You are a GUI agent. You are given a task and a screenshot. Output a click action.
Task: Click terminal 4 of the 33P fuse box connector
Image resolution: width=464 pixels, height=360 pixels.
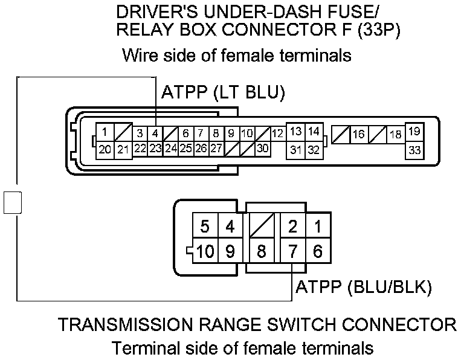155,133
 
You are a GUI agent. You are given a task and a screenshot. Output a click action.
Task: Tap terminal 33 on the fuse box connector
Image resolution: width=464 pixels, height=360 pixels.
414,150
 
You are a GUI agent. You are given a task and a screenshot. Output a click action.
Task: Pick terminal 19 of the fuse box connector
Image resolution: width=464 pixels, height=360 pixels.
414,132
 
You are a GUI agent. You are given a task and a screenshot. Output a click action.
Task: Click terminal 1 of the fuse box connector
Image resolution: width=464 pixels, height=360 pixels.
105,132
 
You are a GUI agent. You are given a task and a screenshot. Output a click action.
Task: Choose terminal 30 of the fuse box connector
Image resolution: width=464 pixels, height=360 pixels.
262,148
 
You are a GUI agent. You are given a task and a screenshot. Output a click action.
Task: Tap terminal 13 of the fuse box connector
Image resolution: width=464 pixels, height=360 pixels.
295,132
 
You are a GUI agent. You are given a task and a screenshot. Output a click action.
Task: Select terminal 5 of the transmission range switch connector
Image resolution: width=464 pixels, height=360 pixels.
205,227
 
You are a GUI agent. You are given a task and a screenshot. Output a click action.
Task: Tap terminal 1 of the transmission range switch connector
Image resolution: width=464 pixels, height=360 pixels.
318,227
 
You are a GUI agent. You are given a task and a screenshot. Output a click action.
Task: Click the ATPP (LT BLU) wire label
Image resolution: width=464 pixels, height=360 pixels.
223,93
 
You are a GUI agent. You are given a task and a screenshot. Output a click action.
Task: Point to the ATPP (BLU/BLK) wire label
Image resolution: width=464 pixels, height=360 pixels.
363,288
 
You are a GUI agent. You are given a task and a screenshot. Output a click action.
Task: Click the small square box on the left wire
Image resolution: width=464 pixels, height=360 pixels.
12,202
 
